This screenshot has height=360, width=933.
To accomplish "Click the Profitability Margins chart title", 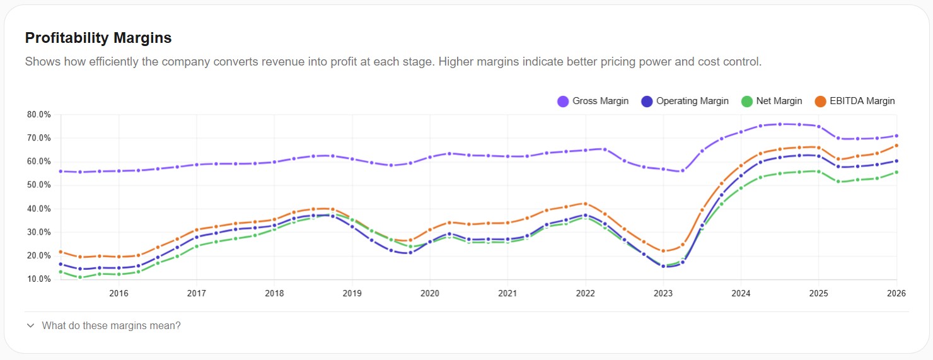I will (x=98, y=38).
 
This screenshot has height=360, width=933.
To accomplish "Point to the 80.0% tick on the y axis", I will (x=39, y=115).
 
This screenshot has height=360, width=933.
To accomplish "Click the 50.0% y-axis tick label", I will (x=39, y=185).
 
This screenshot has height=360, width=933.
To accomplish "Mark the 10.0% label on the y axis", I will (x=39, y=279).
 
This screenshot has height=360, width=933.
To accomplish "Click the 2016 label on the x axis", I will (x=119, y=293).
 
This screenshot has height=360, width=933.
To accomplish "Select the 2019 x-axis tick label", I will (x=352, y=293).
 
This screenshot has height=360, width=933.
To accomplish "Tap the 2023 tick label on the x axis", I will (x=663, y=293).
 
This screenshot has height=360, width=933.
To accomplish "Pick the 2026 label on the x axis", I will (x=896, y=293).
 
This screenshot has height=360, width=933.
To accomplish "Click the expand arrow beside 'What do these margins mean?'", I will (x=30, y=326).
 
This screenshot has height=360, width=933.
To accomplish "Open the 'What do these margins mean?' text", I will (x=111, y=326).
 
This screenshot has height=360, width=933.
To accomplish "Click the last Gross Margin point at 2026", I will (x=896, y=136).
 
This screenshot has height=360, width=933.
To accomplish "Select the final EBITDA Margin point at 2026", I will (x=896, y=146).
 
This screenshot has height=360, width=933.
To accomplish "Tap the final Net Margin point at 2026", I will (x=896, y=172).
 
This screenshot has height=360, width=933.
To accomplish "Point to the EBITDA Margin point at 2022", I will (x=585, y=204).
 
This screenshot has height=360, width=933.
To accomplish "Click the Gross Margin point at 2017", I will (x=197, y=165).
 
